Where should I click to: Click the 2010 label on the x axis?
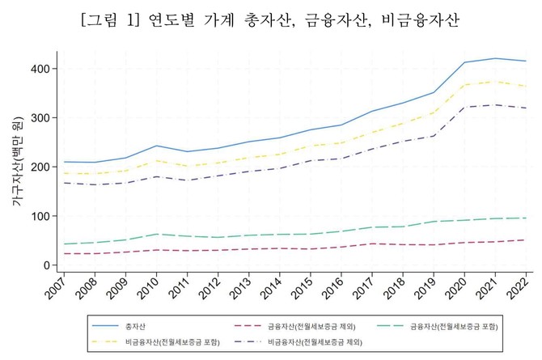coord(148,287)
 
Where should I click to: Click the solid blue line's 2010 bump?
coord(156,146)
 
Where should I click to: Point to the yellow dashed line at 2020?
coord(464,85)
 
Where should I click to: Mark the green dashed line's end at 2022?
coord(527,218)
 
